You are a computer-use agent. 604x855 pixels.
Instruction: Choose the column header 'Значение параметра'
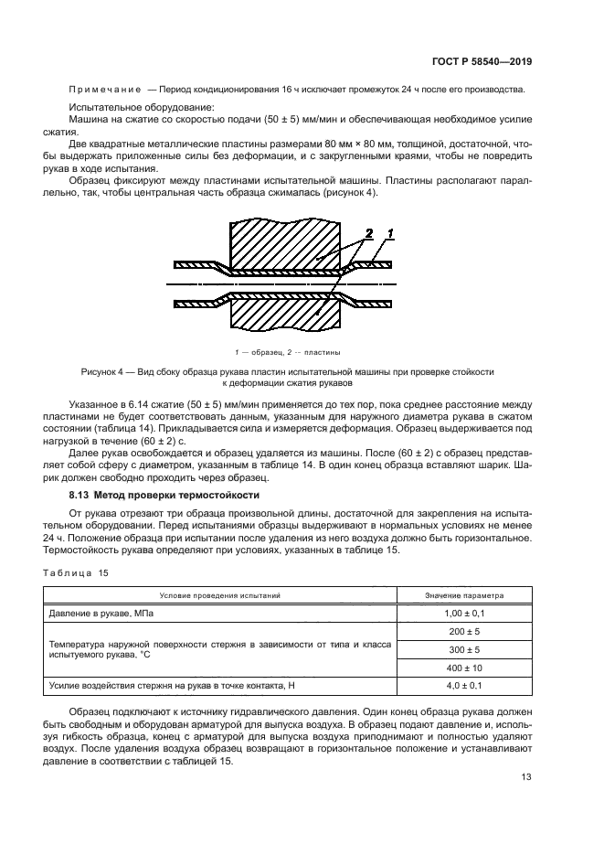[463, 595]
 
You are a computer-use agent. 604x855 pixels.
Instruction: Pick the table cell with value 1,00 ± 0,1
[463, 612]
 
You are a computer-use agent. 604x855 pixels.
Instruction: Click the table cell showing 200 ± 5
[463, 631]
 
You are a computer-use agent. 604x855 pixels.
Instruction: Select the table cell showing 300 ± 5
[463, 649]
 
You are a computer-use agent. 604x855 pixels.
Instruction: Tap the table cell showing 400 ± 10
[463, 668]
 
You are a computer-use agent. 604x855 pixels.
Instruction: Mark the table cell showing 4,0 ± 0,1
[463, 685]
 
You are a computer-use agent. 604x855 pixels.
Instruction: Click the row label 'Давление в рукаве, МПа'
[100, 612]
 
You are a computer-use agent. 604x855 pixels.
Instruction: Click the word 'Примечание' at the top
[104, 90]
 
